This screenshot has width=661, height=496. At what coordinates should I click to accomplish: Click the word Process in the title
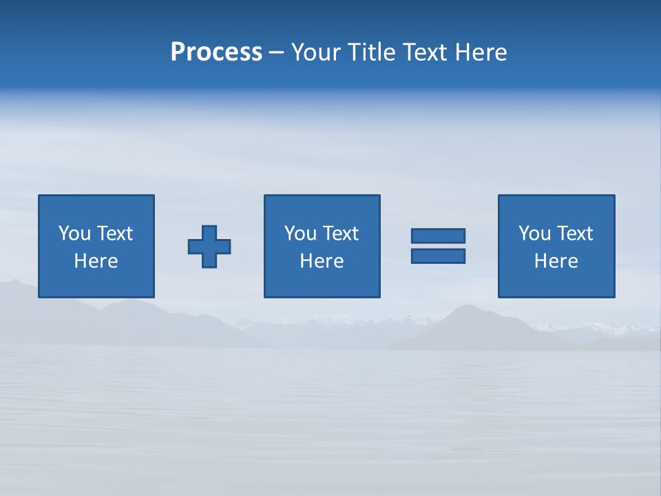pyautogui.click(x=216, y=52)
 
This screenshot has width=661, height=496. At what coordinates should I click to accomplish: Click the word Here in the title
pyautogui.click(x=482, y=52)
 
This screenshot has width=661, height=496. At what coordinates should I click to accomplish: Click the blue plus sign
pyautogui.click(x=209, y=247)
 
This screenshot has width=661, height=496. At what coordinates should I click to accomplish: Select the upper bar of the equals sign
pyautogui.click(x=438, y=236)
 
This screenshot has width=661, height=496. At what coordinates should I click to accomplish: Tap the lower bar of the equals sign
pyautogui.click(x=438, y=256)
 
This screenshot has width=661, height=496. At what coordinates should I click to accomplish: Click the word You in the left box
pyautogui.click(x=74, y=234)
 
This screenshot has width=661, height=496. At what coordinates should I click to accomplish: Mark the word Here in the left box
pyautogui.click(x=96, y=261)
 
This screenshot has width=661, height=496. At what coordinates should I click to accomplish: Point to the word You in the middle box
pyautogui.click(x=300, y=234)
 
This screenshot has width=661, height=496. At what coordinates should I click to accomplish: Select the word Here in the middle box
pyautogui.click(x=322, y=261)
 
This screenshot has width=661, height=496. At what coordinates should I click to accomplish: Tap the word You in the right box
pyautogui.click(x=534, y=234)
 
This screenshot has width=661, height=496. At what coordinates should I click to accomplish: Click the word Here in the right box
pyautogui.click(x=556, y=261)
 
